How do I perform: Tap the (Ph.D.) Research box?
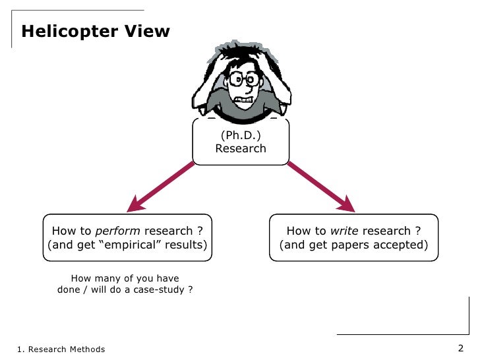240,142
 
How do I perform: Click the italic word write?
344,231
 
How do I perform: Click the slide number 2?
461,348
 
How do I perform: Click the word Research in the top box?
241,148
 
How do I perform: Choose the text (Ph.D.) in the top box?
241,135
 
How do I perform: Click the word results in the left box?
186,245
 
